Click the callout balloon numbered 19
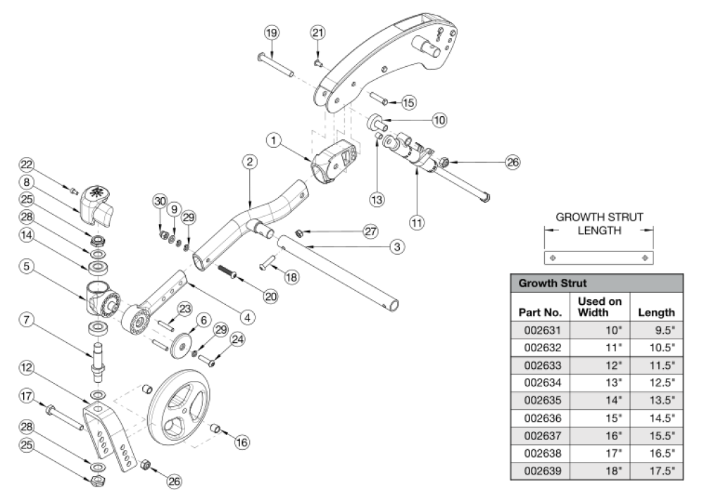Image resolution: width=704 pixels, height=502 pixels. click(272, 32)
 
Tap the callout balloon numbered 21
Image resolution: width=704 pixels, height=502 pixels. click(318, 32)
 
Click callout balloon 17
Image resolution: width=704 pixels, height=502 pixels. click(27, 397)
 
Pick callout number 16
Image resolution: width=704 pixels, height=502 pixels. click(242, 442)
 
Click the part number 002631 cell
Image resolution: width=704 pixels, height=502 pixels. click(540, 330)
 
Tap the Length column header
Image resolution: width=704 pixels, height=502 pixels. click(655, 312)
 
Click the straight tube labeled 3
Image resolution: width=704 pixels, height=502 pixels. click(338, 271)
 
